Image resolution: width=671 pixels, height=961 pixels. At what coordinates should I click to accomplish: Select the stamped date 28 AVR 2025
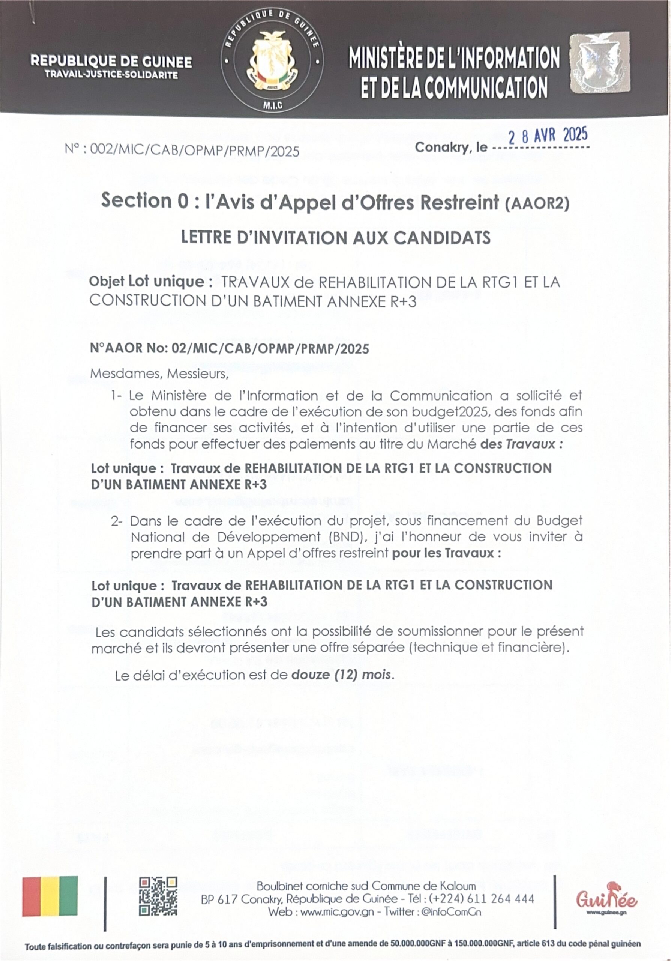coord(548,136)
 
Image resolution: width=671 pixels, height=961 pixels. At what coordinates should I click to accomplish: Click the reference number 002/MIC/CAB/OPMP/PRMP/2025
coord(194,151)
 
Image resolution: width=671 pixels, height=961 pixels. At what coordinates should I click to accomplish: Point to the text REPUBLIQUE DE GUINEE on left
coord(111,62)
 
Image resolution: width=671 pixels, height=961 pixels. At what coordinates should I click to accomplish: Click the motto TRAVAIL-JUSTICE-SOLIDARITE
coord(111,75)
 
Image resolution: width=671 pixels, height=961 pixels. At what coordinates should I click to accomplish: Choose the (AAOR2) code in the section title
coord(537,204)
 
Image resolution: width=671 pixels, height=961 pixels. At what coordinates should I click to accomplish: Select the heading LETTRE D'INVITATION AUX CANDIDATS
coord(336,238)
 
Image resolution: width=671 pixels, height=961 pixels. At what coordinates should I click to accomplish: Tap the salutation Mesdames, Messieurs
coord(159,374)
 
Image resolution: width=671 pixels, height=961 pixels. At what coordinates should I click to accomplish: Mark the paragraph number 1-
coord(116,396)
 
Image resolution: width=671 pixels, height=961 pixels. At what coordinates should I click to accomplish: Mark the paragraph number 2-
coord(117,521)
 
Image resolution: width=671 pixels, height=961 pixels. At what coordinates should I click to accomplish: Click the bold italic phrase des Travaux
coord(521,444)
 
